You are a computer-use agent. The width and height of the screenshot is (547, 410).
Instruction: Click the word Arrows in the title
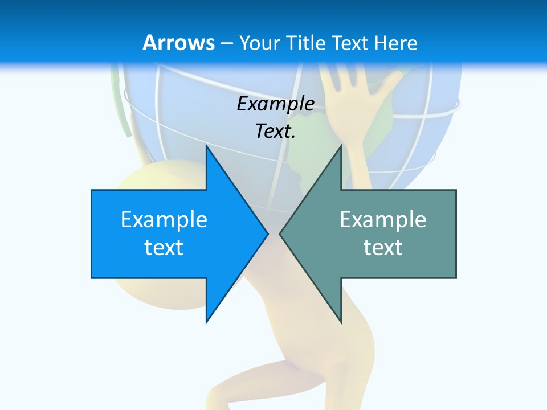pos(179,43)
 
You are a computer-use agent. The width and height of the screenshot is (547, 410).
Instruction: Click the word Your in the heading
pos(260,43)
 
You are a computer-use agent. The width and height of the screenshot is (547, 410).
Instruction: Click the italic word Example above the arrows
pos(275,104)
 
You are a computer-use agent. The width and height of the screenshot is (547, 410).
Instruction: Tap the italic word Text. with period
pos(275,132)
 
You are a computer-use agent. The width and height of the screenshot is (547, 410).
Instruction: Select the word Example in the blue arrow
pos(164,220)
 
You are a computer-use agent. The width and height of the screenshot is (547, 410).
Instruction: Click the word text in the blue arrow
pos(164,248)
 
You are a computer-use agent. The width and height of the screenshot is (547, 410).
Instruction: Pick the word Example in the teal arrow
pos(383,220)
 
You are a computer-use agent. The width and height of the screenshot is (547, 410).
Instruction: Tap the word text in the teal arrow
pos(383,248)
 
